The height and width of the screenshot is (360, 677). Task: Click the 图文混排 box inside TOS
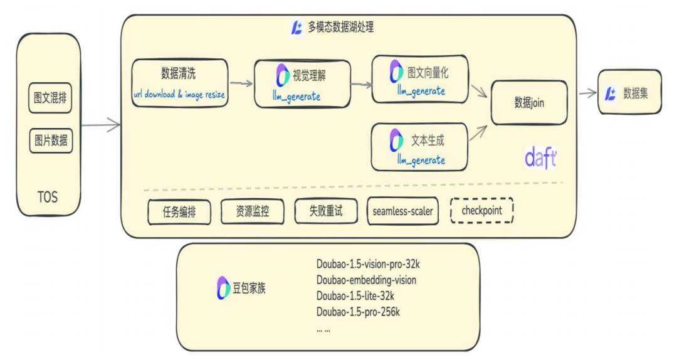coord(50,99)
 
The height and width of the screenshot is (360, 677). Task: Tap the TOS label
coord(47,197)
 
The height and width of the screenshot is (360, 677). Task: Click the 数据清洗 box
coord(179,83)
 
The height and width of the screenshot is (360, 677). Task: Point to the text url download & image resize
coord(179,95)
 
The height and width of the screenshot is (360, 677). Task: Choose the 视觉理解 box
coord(301,83)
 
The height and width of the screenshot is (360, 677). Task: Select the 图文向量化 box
coord(420,79)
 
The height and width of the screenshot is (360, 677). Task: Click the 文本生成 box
coord(420,147)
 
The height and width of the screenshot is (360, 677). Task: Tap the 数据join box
coord(529,102)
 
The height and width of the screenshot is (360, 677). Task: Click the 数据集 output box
coord(629,93)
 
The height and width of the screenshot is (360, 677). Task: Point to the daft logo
coord(540,158)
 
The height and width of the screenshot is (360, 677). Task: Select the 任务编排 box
coord(179,212)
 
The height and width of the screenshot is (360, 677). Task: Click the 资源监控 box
coord(252,212)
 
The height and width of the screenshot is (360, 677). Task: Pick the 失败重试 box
coord(325,211)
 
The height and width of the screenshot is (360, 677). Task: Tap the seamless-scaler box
coord(402,211)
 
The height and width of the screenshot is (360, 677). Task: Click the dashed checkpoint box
coord(481,211)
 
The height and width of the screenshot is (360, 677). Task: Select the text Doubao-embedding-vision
coord(366,280)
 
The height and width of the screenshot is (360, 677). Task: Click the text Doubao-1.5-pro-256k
coord(358,312)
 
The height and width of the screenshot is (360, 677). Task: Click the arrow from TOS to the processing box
coord(100,125)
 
